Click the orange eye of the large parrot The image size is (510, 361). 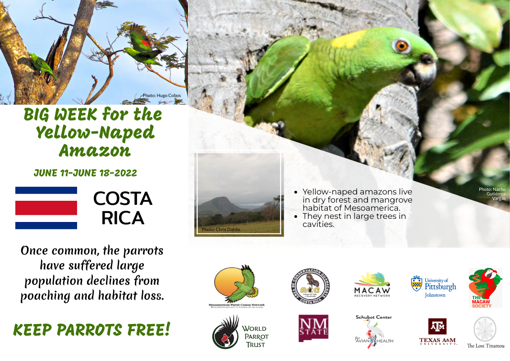click(x=401, y=45)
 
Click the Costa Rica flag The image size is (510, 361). click(x=46, y=208)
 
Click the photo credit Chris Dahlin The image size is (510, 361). click(x=221, y=230)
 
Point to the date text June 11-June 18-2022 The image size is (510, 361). click(x=85, y=173)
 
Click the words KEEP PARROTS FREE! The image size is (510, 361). click(x=92, y=330)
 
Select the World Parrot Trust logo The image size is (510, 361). click(x=239, y=333)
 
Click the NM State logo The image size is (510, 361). click(x=313, y=328)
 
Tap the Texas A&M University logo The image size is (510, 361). click(x=437, y=332)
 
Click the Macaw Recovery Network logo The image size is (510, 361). click(x=372, y=285)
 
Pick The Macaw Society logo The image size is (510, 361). click(x=485, y=288)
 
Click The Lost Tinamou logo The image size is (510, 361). click(x=485, y=333)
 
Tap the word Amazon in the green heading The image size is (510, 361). click(x=94, y=150)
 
